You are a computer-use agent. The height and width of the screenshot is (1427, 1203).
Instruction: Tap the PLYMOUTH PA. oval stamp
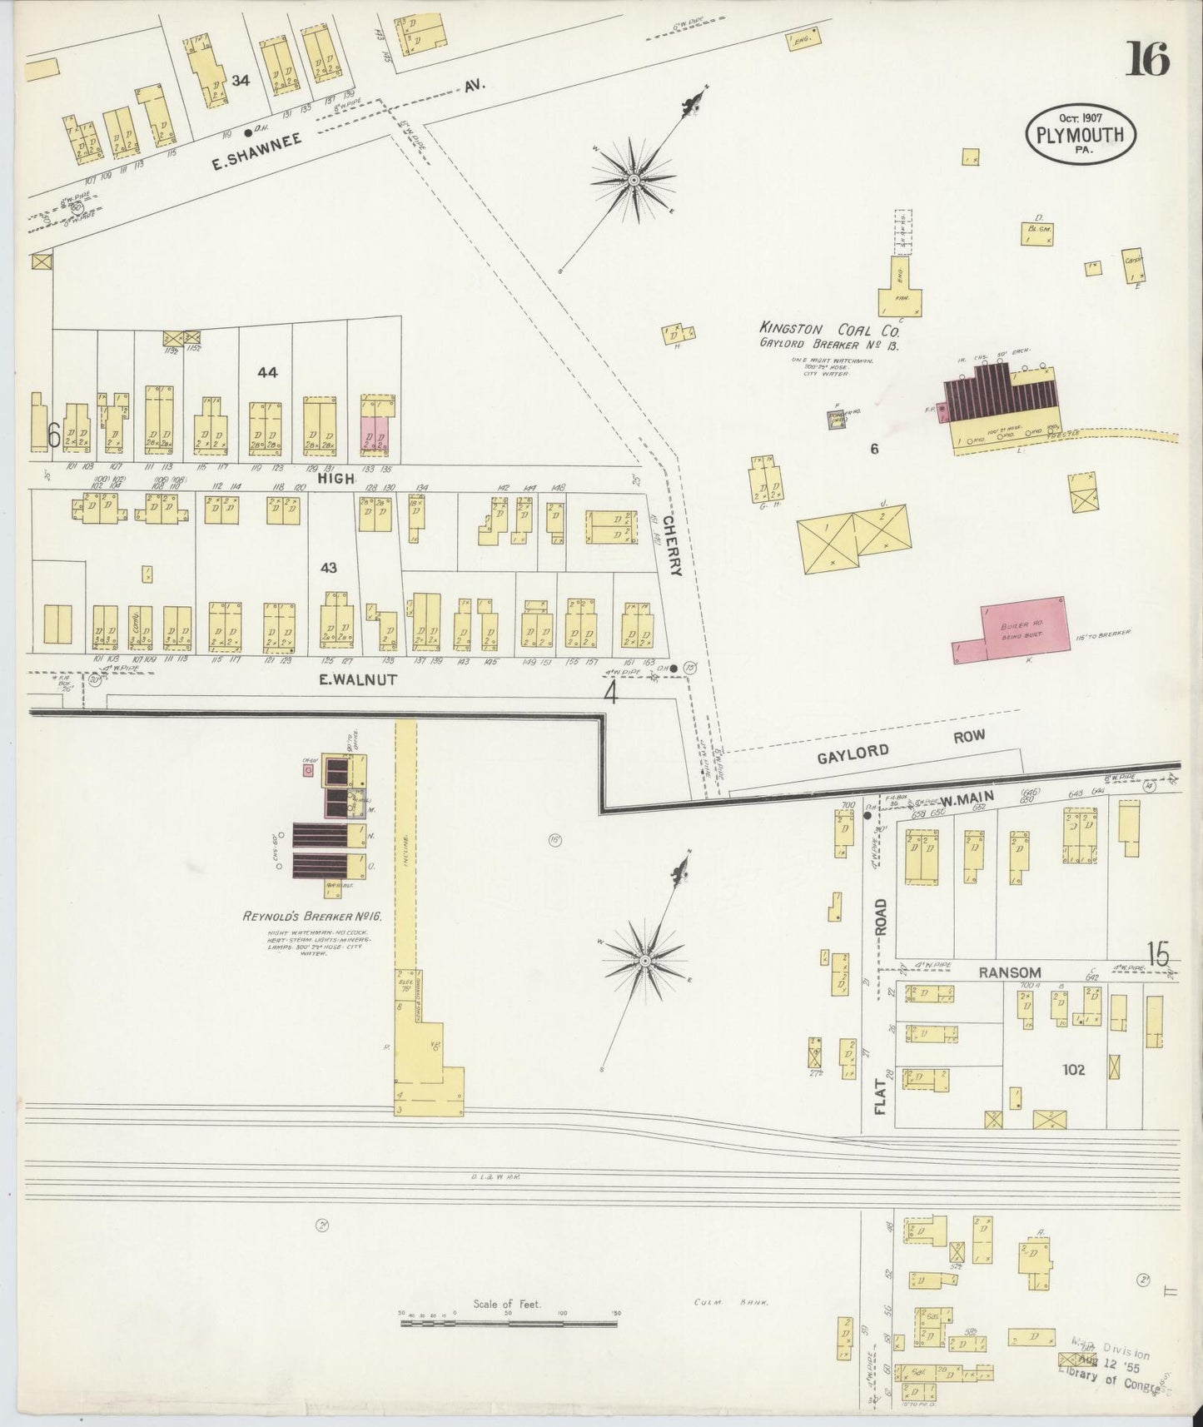(x=1081, y=134)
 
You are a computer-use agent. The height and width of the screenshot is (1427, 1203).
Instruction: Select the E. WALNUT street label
(x=358, y=679)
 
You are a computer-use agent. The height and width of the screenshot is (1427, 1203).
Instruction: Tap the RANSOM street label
(x=1009, y=972)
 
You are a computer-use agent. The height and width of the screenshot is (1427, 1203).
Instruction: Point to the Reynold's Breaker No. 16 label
(x=311, y=916)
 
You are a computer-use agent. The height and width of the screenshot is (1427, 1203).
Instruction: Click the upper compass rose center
(x=634, y=179)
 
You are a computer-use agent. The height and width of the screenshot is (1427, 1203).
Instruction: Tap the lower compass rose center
(x=644, y=961)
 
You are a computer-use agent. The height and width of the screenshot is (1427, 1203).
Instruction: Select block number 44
(x=267, y=372)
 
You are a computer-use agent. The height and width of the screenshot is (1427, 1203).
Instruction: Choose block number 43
(x=329, y=567)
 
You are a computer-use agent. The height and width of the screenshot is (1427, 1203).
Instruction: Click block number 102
(x=1073, y=1069)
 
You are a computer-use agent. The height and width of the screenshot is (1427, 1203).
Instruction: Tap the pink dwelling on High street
(x=375, y=435)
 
